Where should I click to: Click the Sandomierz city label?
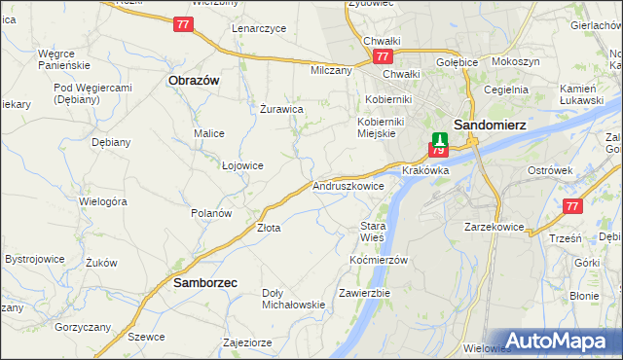tap(494, 125)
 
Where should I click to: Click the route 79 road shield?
tap(438, 151)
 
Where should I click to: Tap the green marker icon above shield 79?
tap(439, 139)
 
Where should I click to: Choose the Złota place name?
tap(268, 228)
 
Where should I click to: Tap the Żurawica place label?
tap(283, 109)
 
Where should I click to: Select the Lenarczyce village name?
tap(259, 28)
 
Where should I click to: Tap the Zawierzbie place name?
tap(364, 293)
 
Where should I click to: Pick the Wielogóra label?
tap(103, 201)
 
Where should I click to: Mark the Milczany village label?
tap(331, 71)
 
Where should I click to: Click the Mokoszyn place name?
tap(516, 61)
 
